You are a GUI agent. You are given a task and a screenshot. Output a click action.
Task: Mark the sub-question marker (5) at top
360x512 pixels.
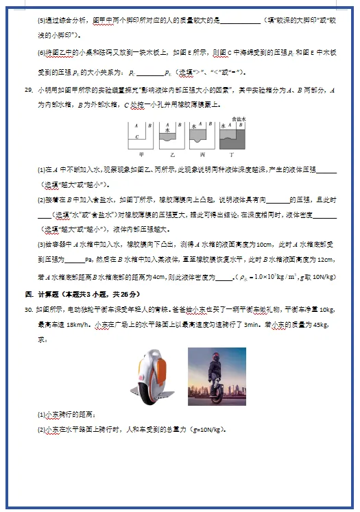tap(41, 19)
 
